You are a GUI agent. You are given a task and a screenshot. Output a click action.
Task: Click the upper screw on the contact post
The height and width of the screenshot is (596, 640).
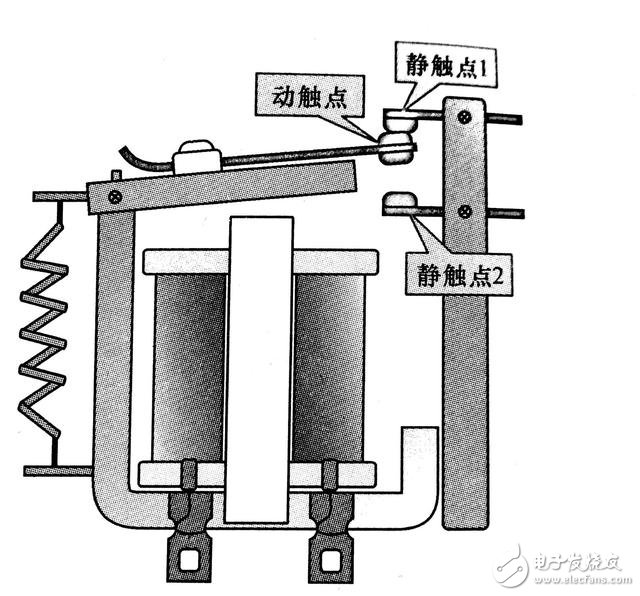point(464,118)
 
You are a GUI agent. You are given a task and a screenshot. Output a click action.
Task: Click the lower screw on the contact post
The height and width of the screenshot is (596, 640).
point(465,212)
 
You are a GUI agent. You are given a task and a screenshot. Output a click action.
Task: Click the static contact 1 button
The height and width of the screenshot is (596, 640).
point(400,118)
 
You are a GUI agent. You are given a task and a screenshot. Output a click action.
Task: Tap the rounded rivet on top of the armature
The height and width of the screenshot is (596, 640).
point(195,158)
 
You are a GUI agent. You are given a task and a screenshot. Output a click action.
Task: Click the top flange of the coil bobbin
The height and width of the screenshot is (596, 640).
point(262,262)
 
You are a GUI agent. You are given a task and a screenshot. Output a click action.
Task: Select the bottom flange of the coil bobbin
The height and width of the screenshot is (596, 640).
point(262,471)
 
